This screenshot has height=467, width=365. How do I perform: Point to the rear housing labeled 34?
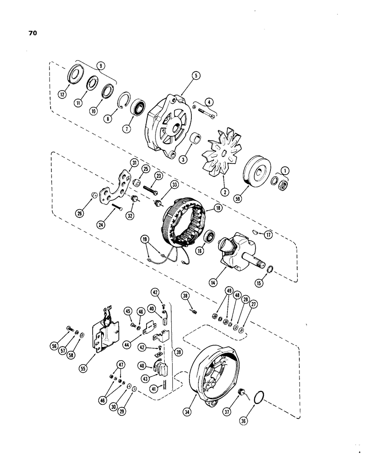click(x=209, y=369)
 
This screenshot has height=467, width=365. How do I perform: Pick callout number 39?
click(x=177, y=351)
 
